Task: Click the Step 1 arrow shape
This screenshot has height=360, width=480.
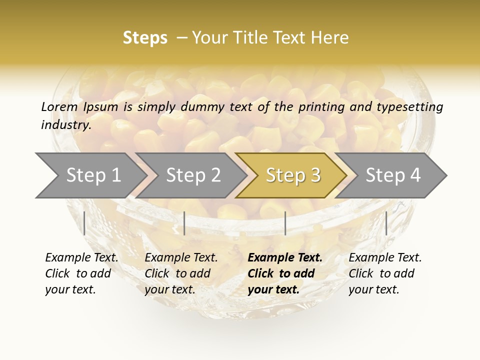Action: tap(90, 175)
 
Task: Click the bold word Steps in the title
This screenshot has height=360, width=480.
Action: tap(145, 38)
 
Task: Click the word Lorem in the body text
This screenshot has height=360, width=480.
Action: tap(59, 106)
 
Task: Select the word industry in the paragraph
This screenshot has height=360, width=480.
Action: tap(65, 125)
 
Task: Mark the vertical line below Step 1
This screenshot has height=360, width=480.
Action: tap(84, 223)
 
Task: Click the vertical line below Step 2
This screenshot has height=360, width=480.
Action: tap(184, 223)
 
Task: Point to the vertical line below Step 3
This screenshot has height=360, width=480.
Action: tap(285, 223)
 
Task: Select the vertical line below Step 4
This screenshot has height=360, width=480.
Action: tap(386, 223)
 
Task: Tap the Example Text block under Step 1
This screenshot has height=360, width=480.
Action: tap(81, 273)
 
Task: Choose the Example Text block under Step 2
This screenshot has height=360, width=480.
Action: tap(181, 273)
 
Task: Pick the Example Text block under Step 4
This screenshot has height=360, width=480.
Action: tap(385, 273)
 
